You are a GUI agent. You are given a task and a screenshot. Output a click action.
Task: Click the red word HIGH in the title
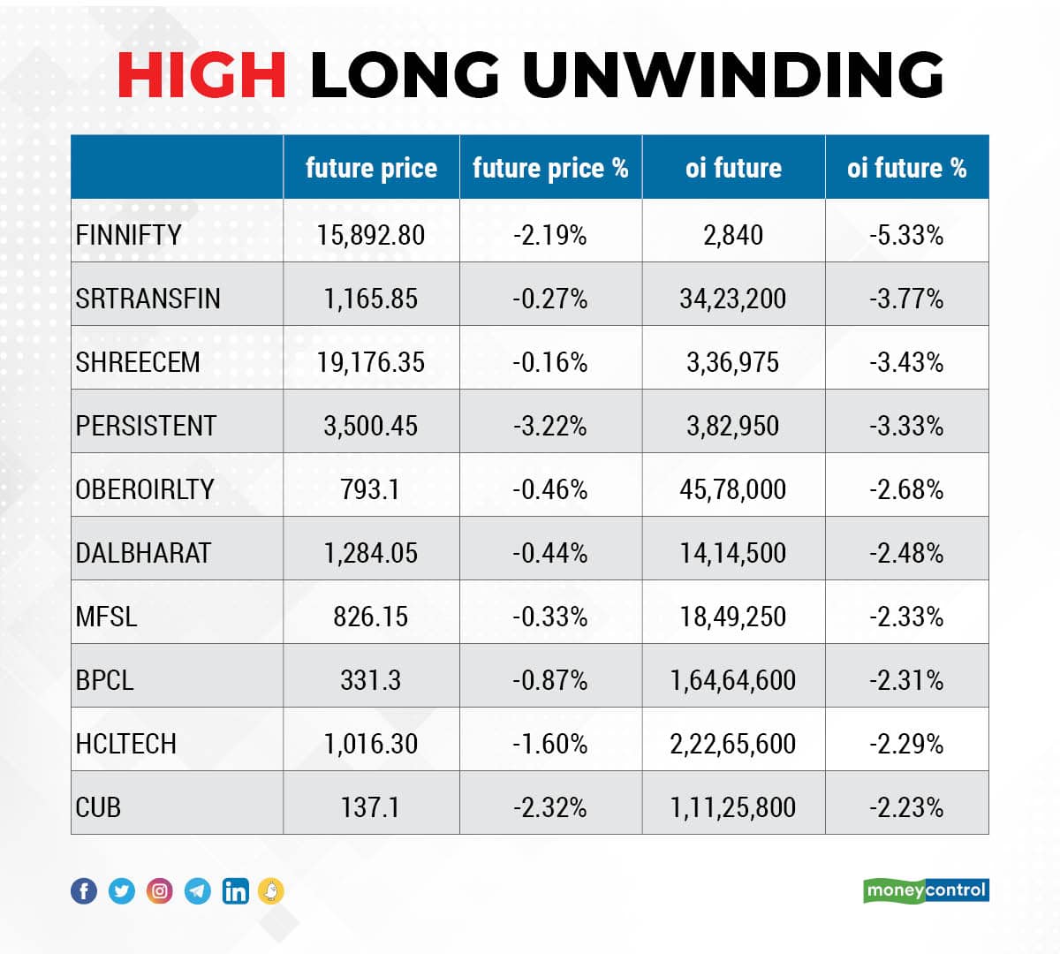[x=201, y=74]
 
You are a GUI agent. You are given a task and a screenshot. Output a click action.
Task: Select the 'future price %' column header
[x=550, y=168]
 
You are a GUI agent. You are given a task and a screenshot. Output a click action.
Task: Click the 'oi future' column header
[x=733, y=168]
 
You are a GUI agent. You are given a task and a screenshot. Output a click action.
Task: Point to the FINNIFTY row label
[x=129, y=235]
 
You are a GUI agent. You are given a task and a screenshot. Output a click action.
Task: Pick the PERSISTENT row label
[x=146, y=426]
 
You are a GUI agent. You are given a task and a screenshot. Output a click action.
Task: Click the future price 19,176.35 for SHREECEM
[x=371, y=362]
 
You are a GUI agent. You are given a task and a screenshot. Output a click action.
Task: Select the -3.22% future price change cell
[x=550, y=426]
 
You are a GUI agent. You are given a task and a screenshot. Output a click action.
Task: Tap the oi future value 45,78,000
[x=733, y=489]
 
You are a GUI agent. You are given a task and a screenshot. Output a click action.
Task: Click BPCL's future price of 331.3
[x=371, y=680]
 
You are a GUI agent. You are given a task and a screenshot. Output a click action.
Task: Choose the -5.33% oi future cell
[x=906, y=235]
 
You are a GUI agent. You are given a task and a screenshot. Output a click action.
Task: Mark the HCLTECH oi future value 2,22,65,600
[x=733, y=744]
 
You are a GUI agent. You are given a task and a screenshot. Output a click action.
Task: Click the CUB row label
[x=98, y=807]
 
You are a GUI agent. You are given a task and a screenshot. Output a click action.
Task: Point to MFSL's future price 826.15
[x=371, y=617]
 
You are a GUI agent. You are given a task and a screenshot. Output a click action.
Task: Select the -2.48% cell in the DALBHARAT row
[x=906, y=553]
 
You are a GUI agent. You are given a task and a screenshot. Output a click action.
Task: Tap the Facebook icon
[x=84, y=890]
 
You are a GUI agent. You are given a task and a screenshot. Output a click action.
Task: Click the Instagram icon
[x=160, y=890]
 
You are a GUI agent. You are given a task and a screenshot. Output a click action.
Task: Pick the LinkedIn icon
[x=236, y=890]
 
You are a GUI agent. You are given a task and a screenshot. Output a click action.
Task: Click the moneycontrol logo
[x=926, y=890]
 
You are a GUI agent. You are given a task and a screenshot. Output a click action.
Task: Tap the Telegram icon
[x=198, y=890]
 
